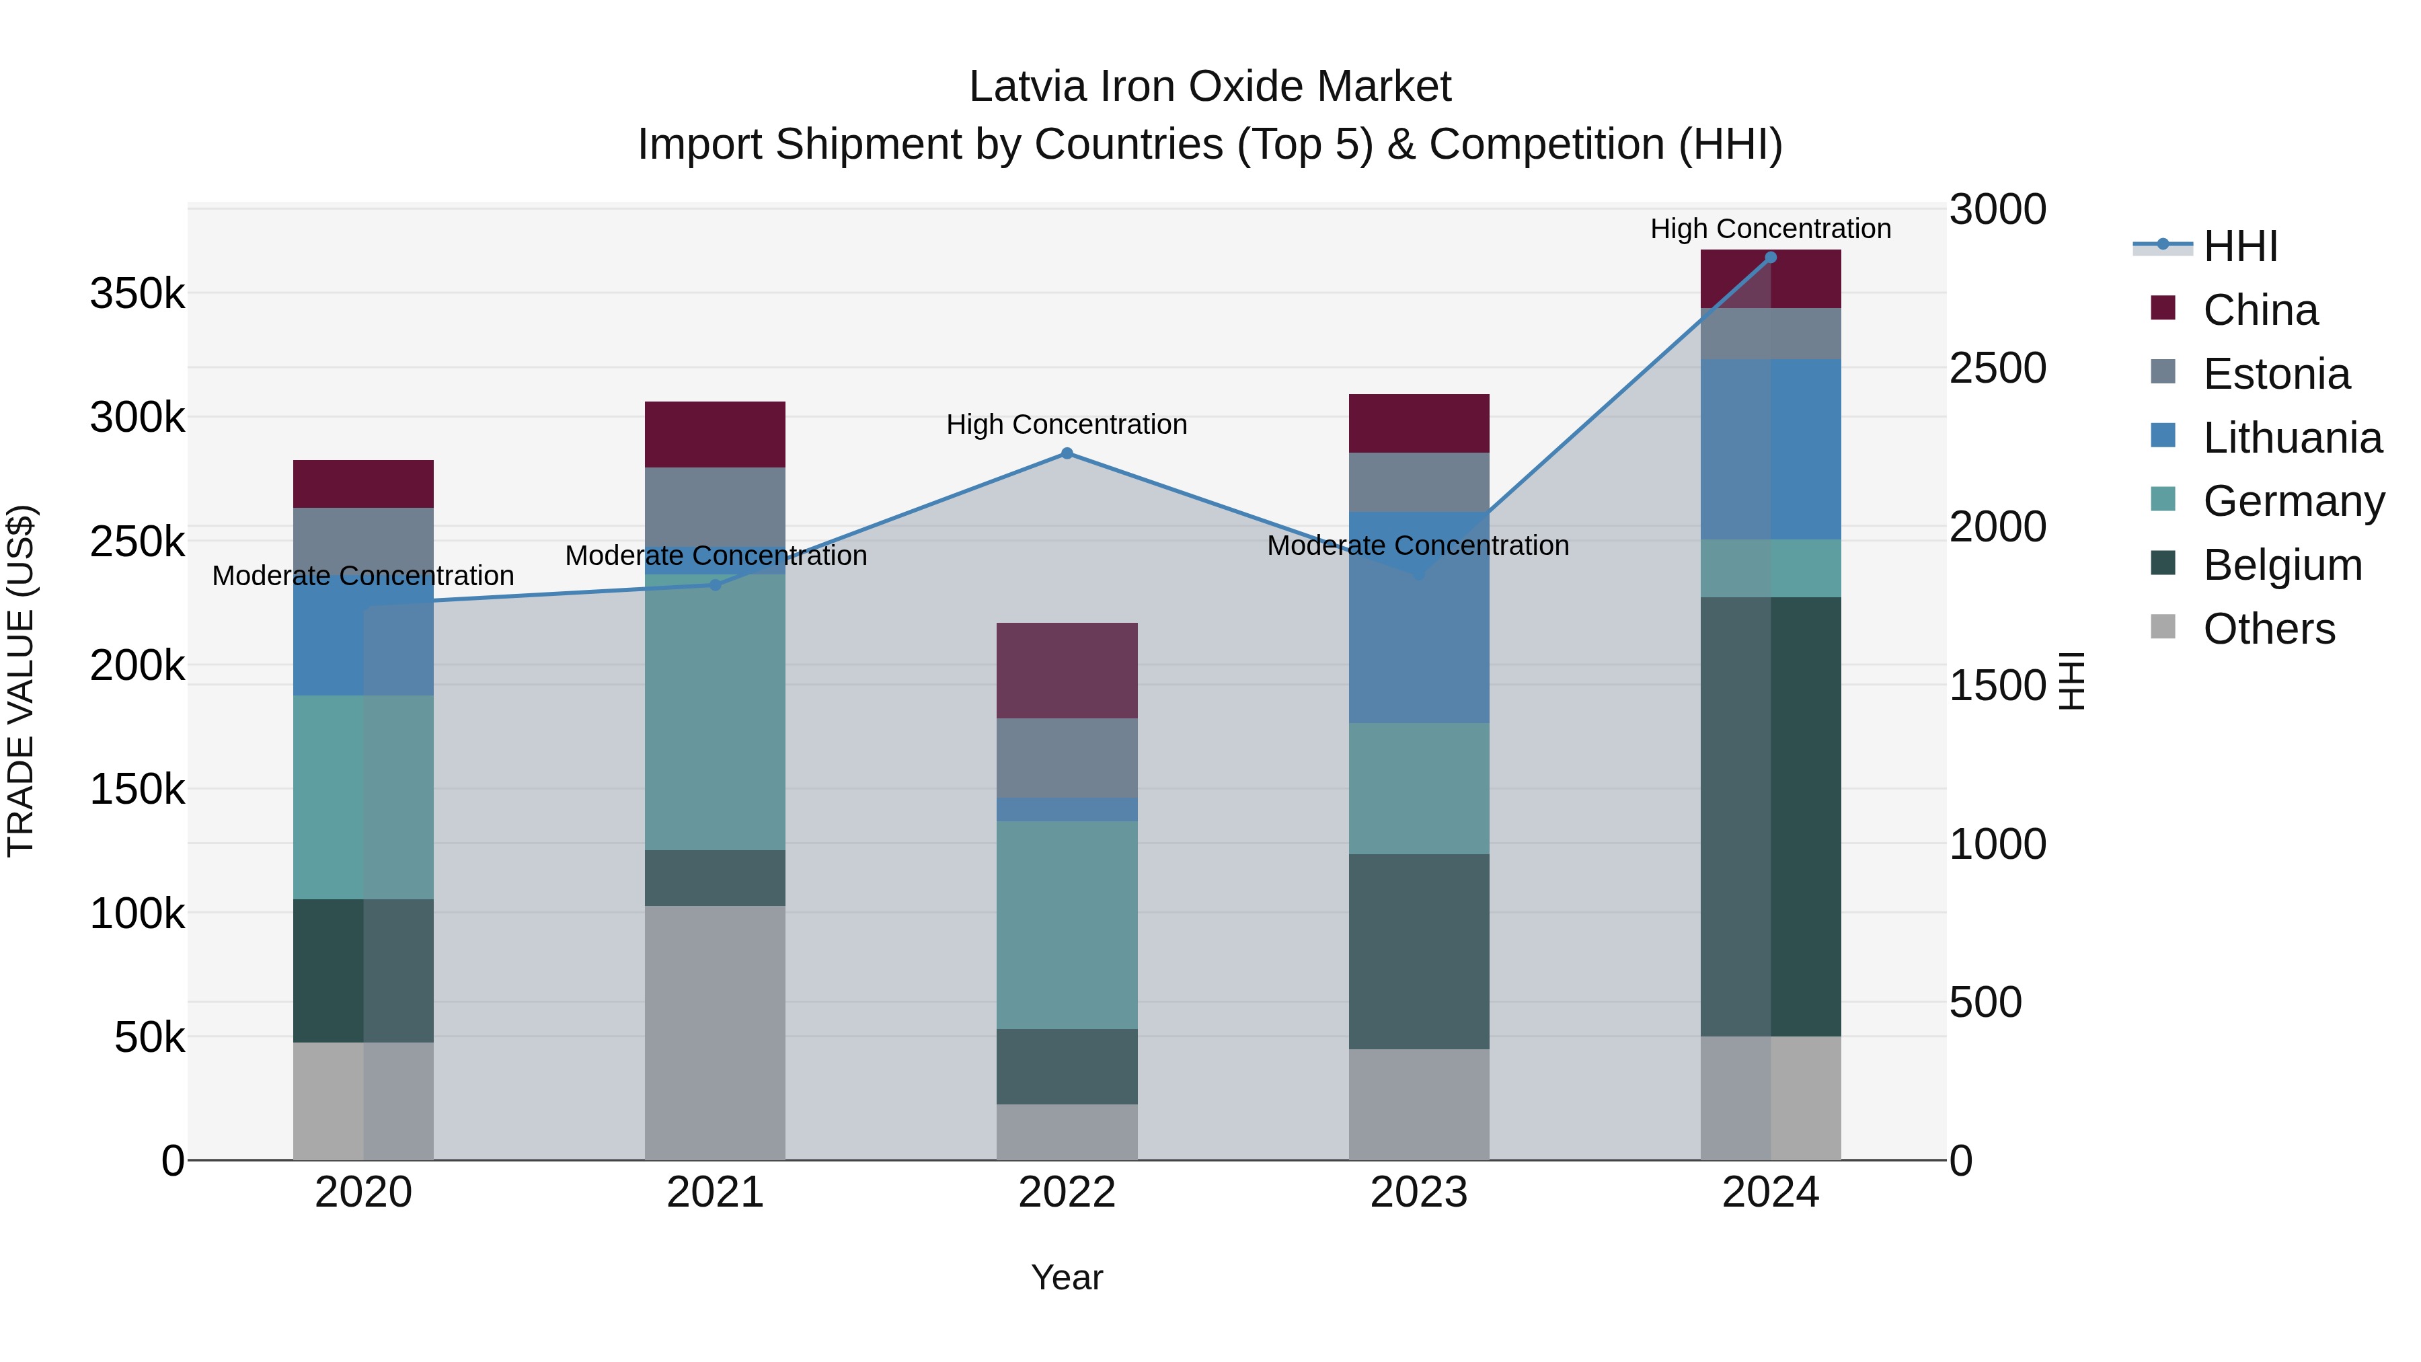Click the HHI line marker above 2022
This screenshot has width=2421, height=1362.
(1067, 453)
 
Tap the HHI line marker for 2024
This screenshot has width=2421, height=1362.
(1771, 258)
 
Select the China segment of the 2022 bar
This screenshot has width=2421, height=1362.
(1067, 670)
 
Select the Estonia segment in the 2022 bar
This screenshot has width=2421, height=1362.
(1067, 757)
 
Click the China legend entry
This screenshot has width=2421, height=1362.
(2260, 310)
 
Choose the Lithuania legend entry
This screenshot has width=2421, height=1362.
(2291, 438)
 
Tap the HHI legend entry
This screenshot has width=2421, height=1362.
(2239, 246)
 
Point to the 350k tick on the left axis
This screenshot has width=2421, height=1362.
(137, 294)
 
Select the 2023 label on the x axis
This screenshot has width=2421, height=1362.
(1418, 1193)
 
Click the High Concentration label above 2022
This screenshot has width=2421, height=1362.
(1067, 425)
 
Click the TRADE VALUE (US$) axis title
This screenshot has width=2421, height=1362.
(21, 681)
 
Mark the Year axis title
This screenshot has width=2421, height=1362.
(1067, 1277)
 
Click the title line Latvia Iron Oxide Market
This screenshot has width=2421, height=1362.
(1210, 87)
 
